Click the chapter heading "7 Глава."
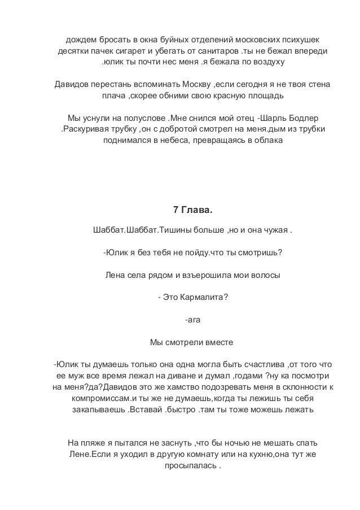pyautogui.click(x=192, y=210)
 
